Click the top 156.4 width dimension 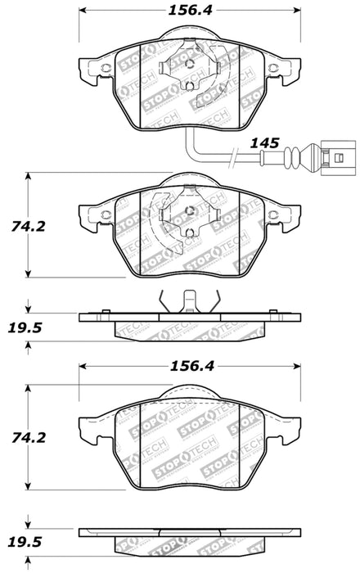pos(188,12)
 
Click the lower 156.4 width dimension pos(188,367)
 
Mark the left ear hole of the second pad pos(104,214)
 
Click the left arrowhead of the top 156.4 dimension pos(83,12)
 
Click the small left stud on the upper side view pos(106,312)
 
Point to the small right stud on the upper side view pos(272,312)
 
